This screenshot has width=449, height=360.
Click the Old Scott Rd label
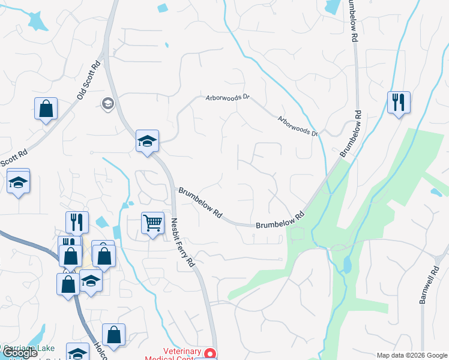pyautogui.click(x=88, y=82)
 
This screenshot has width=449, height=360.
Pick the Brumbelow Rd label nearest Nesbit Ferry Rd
pyautogui.click(x=200, y=203)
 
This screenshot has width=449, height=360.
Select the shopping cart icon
pyautogui.click(x=152, y=224)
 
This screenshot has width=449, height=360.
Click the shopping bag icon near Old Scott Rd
pyautogui.click(x=46, y=109)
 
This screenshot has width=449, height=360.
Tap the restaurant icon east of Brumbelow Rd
pyautogui.click(x=398, y=103)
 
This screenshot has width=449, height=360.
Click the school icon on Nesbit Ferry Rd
pyautogui.click(x=147, y=142)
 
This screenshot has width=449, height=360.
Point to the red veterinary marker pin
pyautogui.click(x=209, y=353)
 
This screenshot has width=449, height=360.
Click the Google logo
pyautogui.click(x=20, y=353)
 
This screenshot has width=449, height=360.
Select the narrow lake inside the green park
pyautogui.click(x=346, y=263)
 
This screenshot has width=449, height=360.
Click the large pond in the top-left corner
pyautogui.click(x=37, y=21)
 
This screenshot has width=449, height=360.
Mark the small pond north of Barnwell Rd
pyautogui.click(x=436, y=192)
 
